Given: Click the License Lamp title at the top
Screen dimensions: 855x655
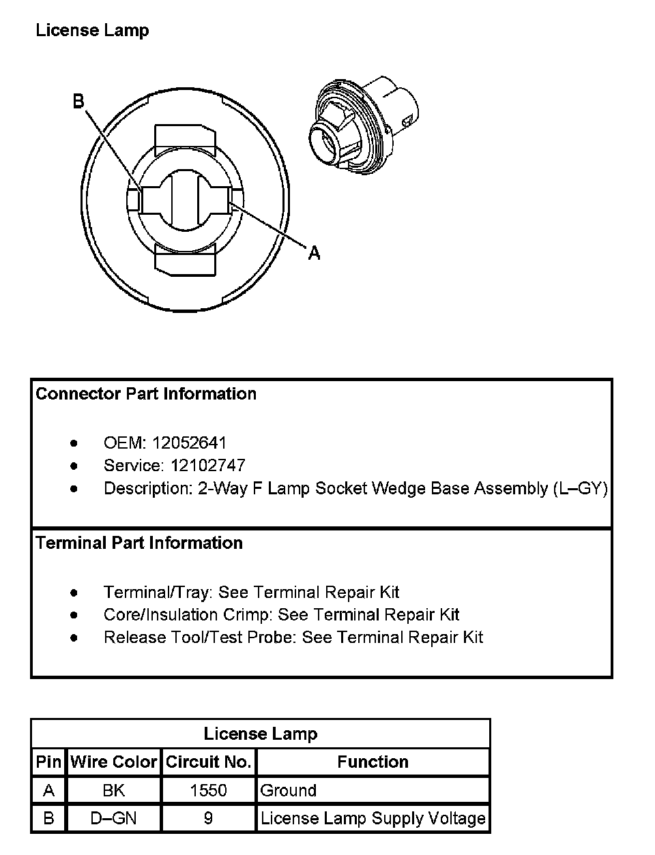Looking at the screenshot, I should (92, 31).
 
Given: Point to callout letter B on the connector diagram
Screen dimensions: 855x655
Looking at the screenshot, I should (78, 102).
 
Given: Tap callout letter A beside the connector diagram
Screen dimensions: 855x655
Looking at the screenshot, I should (314, 253).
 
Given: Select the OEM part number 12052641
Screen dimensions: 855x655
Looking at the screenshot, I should (189, 443).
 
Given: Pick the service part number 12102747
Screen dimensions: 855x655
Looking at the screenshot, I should (207, 466).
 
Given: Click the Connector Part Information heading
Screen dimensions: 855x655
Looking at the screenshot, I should (146, 394).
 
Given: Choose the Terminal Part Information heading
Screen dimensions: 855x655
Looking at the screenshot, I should (139, 543).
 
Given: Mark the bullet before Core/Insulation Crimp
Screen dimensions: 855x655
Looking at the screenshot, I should (74, 615).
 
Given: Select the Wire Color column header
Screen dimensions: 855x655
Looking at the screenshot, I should (113, 762).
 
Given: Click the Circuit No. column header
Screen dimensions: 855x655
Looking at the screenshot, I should (209, 762).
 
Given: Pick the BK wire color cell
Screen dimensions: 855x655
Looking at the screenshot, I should (113, 790).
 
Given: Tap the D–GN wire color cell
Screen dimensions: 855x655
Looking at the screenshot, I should (113, 818).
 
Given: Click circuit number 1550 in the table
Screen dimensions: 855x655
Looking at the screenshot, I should (209, 790).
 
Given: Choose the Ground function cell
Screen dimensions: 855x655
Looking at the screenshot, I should (289, 790).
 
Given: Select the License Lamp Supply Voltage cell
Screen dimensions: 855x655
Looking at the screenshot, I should (373, 818).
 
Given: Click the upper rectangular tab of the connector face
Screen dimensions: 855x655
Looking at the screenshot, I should (186, 140).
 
